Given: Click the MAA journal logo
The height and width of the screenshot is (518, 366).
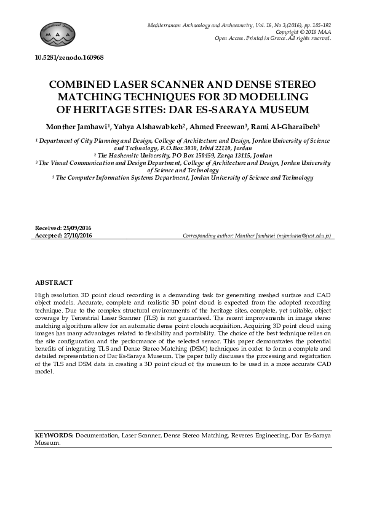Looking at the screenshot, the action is (58, 34).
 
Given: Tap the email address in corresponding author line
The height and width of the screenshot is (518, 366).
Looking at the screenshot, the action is (304, 236).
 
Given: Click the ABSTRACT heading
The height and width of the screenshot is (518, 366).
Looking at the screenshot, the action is (54, 282).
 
